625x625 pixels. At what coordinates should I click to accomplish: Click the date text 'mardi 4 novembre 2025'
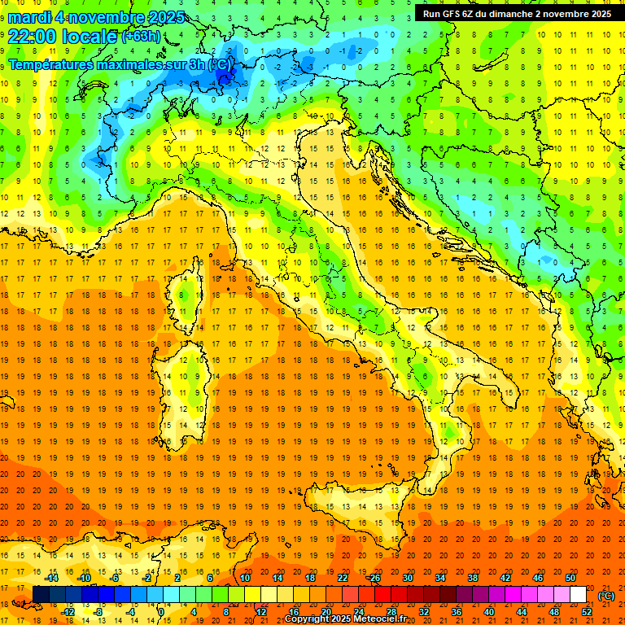tap(96, 17)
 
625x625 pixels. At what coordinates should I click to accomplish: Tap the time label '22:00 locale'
tap(63, 36)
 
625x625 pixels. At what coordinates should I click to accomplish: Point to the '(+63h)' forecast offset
tap(142, 37)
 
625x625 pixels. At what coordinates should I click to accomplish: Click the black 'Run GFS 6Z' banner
tap(518, 13)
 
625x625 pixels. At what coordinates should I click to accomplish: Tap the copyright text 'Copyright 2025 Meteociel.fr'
tap(345, 619)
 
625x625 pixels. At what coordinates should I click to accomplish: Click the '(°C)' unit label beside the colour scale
tap(606, 596)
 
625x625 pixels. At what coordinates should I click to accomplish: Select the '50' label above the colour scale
tap(570, 578)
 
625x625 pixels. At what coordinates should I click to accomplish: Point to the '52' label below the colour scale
tap(587, 612)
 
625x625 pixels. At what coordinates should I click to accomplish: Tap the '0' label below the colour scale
tap(161, 612)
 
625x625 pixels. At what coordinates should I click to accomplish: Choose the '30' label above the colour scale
tap(408, 578)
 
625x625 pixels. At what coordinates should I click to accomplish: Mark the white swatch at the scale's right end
tap(579, 595)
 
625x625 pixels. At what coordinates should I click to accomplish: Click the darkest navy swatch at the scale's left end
tap(41, 595)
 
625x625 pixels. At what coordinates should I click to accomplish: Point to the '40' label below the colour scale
tap(489, 612)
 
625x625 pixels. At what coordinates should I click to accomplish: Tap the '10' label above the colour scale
tap(245, 578)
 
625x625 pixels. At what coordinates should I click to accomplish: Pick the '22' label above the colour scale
tap(343, 578)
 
